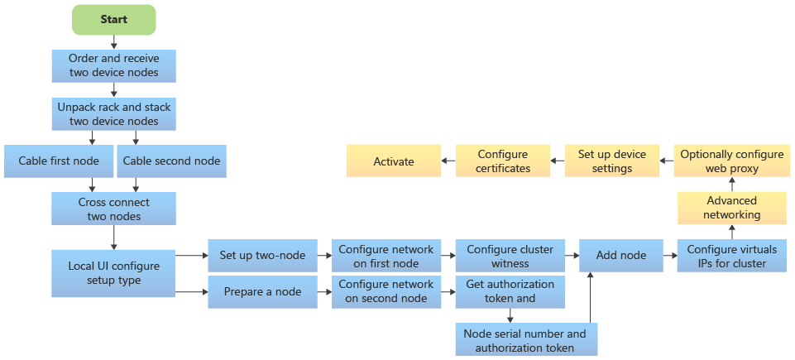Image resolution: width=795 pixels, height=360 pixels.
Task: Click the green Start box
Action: [x=114, y=19]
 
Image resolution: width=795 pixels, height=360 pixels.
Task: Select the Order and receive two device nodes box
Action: [x=113, y=66]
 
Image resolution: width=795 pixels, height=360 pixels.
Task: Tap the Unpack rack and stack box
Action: [x=113, y=114]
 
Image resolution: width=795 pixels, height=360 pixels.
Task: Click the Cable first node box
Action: [x=58, y=161]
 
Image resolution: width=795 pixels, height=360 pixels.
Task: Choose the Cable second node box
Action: [x=172, y=161]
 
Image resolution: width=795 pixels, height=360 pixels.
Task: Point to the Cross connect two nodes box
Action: [x=113, y=209]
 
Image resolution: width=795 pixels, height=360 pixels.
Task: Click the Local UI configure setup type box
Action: [x=113, y=273]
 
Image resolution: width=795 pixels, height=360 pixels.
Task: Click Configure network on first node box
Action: [x=386, y=256]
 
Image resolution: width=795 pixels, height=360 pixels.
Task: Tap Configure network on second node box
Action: [x=386, y=291]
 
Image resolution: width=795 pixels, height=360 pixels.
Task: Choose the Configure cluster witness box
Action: [x=510, y=256]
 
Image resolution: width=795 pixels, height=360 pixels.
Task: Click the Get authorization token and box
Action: [x=510, y=291]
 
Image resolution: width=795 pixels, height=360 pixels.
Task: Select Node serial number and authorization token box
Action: [x=524, y=339]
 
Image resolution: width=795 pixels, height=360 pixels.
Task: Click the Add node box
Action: [x=620, y=256]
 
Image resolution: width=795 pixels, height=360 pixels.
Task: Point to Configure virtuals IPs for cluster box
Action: [x=732, y=256]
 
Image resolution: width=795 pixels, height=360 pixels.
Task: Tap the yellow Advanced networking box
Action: [x=732, y=208]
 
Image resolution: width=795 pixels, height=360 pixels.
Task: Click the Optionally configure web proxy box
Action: [x=732, y=161]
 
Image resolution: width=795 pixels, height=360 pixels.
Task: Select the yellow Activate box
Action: [x=393, y=161]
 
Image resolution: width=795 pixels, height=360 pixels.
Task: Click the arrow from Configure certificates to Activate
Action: [x=447, y=161]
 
